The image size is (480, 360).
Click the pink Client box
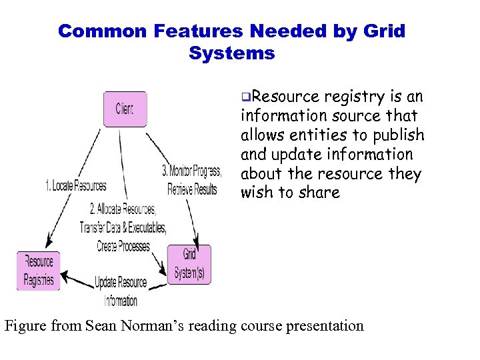[125, 109]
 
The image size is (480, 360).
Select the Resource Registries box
[39, 271]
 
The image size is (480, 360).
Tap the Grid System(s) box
[189, 265]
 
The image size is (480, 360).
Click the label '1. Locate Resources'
[75, 185]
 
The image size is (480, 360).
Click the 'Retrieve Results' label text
[192, 189]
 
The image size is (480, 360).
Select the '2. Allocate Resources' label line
[121, 210]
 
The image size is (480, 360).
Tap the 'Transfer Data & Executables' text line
[123, 227]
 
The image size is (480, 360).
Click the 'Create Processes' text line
[123, 246]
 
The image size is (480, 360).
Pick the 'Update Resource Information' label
[121, 291]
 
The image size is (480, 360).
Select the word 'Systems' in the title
[231, 53]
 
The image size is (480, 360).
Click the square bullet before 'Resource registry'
[245, 97]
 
